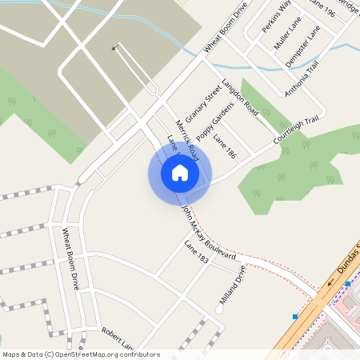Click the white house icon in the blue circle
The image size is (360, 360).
pos(180,173)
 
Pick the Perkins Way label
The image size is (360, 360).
pos(276,17)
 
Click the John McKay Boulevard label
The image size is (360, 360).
pos(207,232)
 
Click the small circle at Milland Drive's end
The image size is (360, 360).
pos(221,306)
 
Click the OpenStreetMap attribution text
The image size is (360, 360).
pos(80,354)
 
